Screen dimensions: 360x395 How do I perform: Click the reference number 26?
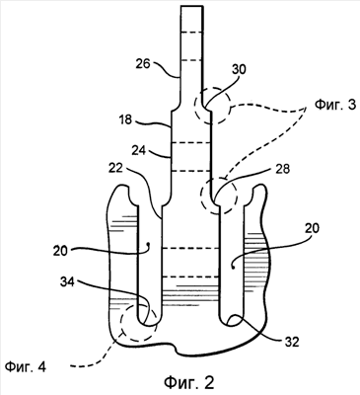tap(143, 64)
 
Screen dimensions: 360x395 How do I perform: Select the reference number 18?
tap(124, 119)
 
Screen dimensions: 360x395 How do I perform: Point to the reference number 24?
tap(140, 150)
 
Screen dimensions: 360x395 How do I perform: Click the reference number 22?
tap(115, 168)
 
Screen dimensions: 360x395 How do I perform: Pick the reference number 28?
tap(282, 170)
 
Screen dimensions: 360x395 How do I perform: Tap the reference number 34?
tap(67, 281)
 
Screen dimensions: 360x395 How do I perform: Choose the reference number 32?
tap(291, 342)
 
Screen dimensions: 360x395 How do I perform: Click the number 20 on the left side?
tap(61, 251)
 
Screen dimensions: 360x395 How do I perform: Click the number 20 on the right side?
tap(311, 228)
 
